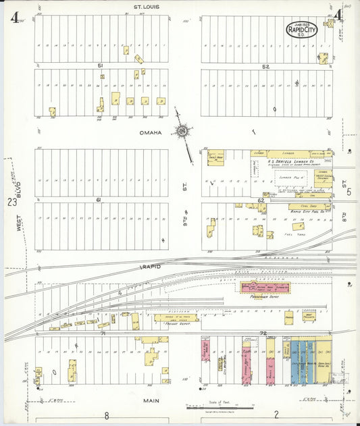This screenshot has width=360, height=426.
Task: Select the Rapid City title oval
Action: pos(301,30)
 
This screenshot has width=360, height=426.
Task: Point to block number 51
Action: pos(101,65)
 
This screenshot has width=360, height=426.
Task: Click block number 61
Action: pos(99,200)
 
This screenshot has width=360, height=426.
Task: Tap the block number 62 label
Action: pos(261,201)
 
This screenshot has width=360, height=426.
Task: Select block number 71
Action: pos(103,334)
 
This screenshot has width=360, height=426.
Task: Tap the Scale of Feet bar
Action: pos(220,408)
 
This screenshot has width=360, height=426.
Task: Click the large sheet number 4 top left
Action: pos(14,17)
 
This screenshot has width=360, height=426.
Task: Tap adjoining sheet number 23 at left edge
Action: pos(11,202)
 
